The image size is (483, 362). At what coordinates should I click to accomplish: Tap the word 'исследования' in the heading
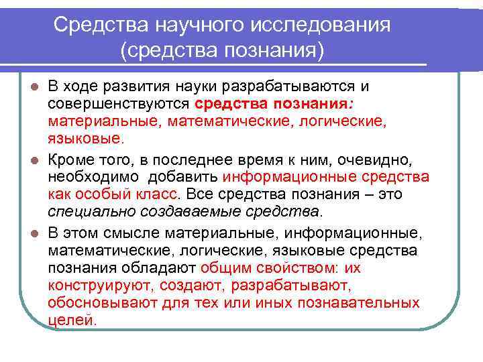click(x=320, y=25)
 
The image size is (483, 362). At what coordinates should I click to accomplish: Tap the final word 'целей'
click(x=70, y=320)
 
